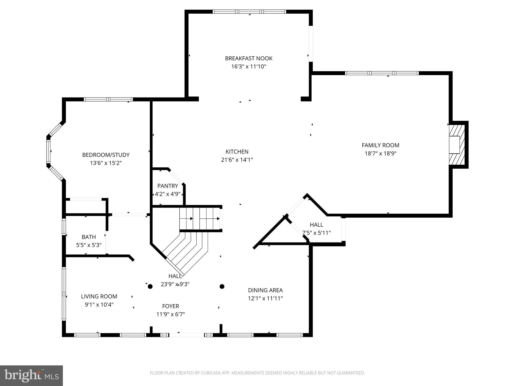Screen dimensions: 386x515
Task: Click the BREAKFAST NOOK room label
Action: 248,58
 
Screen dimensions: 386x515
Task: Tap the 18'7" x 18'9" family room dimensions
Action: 380,153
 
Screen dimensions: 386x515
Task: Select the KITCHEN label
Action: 237,152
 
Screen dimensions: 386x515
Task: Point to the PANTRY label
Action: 167,186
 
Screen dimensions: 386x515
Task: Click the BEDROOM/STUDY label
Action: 106,155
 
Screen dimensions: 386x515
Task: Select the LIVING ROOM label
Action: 99,296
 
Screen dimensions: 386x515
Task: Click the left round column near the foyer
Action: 150,286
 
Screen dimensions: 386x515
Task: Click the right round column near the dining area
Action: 222,286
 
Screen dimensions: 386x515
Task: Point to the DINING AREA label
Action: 265,290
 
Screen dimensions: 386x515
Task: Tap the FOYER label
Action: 170,306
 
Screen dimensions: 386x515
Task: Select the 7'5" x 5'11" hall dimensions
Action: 316,233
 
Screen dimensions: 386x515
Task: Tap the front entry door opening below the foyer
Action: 186,335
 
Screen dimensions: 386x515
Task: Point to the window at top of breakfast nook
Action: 249,12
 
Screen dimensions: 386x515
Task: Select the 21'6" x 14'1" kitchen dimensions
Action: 237,160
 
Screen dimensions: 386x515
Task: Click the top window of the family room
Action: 382,73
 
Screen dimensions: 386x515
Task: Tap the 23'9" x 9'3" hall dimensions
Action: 175,284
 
